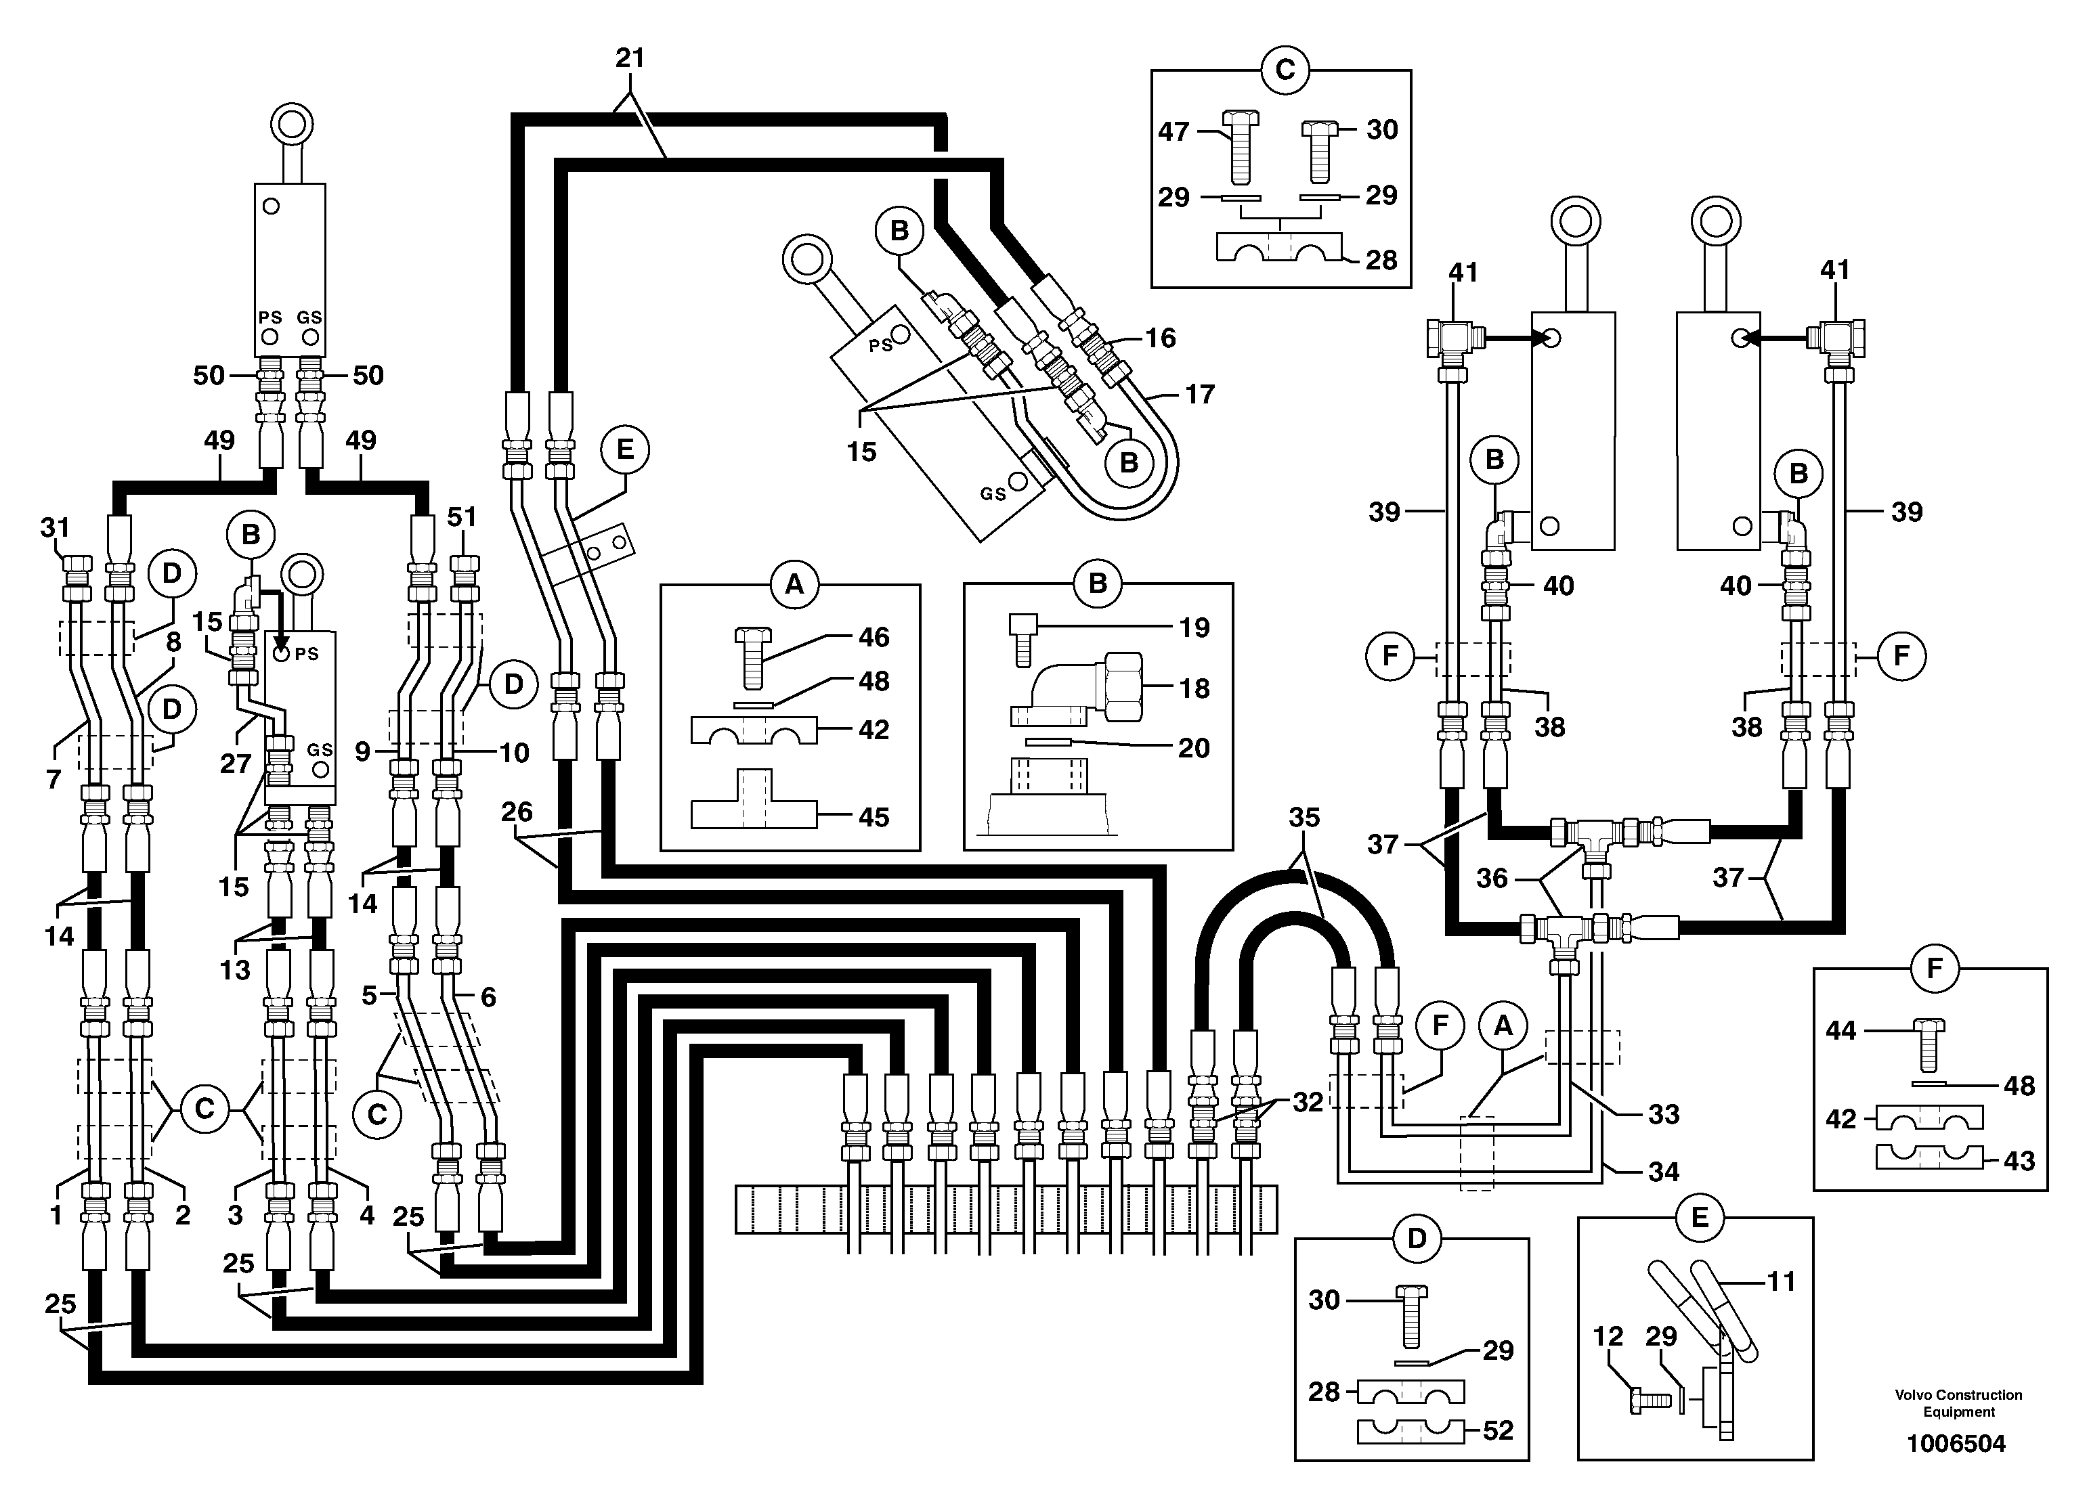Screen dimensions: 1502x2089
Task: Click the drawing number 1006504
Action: pyautogui.click(x=1956, y=1443)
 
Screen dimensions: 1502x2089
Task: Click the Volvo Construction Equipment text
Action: pyautogui.click(x=1958, y=1403)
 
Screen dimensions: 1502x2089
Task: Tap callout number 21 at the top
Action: pyautogui.click(x=630, y=58)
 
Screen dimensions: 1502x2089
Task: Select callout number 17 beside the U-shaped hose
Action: pyautogui.click(x=1199, y=394)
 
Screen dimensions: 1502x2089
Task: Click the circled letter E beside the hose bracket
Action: pyautogui.click(x=624, y=449)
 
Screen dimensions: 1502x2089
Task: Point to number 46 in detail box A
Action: pyautogui.click(x=873, y=636)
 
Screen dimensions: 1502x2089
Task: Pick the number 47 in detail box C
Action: pyautogui.click(x=1173, y=132)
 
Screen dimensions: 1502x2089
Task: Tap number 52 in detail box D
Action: pyautogui.click(x=1498, y=1430)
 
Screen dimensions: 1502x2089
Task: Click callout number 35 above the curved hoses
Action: pyautogui.click(x=1304, y=817)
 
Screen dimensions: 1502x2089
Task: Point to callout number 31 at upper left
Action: pyautogui.click(x=56, y=528)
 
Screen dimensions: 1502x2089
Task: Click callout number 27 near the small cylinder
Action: pyautogui.click(x=236, y=763)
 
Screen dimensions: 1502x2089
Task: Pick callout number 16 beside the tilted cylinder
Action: pyautogui.click(x=1160, y=338)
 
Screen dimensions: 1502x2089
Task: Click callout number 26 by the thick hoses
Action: pyautogui.click(x=517, y=812)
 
